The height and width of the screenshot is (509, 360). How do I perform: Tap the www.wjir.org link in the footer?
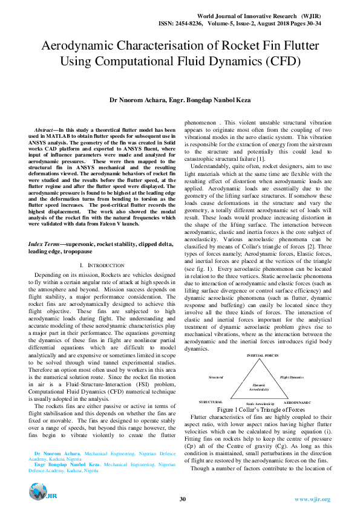tap(312, 499)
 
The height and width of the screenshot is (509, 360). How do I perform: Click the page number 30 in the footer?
tap(182, 499)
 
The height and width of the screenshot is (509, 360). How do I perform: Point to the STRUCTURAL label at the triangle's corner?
tap(211, 402)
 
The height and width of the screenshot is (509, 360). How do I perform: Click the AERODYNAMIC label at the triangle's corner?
tap(298, 402)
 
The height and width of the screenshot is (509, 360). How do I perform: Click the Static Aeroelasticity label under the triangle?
tap(261, 403)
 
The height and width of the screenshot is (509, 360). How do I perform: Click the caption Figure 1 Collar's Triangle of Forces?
tap(261, 409)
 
